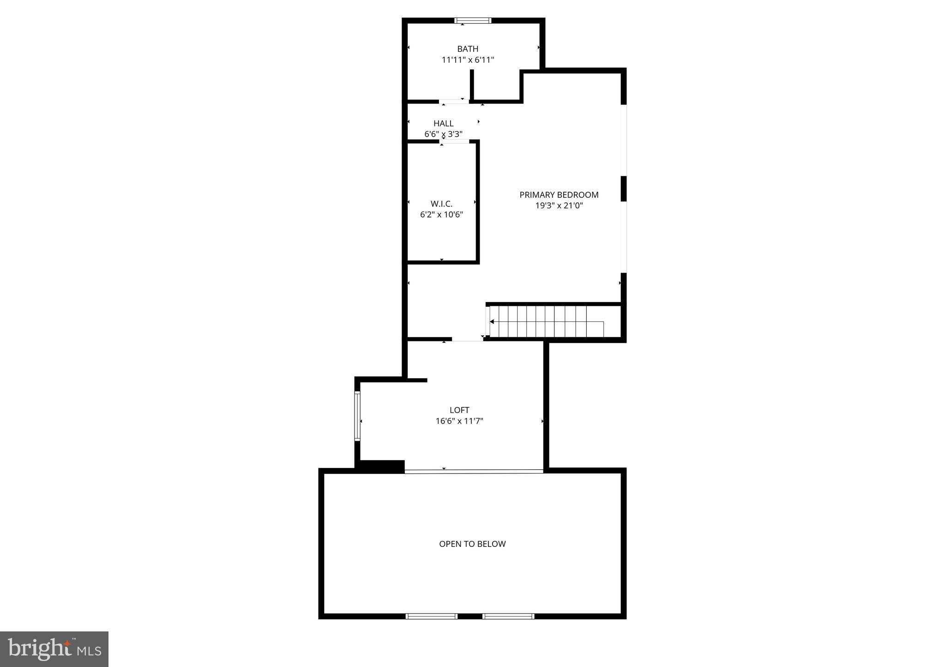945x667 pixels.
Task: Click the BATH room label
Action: [468, 49]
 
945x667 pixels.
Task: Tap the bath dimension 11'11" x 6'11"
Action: [468, 60]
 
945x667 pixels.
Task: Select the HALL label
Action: [443, 123]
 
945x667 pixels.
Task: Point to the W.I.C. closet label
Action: [441, 204]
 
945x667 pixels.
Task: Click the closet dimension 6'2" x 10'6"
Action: [441, 215]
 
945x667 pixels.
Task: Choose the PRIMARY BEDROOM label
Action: [559, 195]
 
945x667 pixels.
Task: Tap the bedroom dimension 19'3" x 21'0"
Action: [559, 206]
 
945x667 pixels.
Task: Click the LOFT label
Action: [459, 410]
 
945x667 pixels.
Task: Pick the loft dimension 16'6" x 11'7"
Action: [459, 421]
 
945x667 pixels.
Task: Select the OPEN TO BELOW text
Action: [472, 544]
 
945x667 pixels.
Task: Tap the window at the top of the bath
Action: [473, 20]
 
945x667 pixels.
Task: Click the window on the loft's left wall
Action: [357, 416]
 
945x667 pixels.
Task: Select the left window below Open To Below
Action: [431, 616]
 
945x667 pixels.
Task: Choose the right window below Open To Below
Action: [508, 616]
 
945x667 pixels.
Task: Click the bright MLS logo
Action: [54, 649]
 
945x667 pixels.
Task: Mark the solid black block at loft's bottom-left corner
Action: [382, 467]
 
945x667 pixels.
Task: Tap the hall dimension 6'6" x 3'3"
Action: [443, 134]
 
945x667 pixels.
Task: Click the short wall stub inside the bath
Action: [472, 85]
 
